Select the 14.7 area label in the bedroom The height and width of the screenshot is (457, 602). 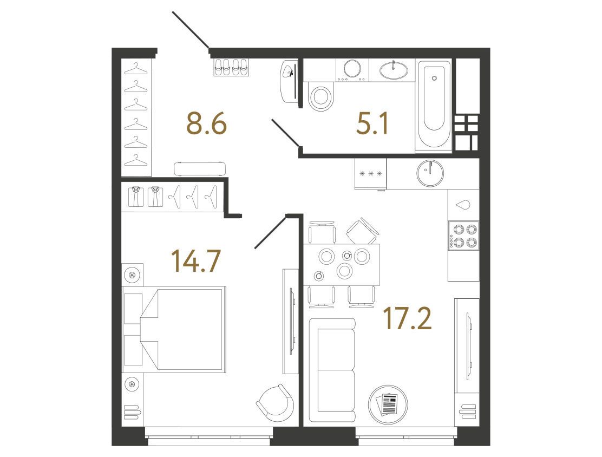pyautogui.click(x=196, y=260)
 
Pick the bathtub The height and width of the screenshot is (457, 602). pyautogui.click(x=434, y=106)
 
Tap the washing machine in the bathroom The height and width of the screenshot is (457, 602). pyautogui.click(x=352, y=69)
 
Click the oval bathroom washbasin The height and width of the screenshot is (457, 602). pyautogui.click(x=394, y=70)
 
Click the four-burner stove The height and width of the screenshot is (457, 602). pyautogui.click(x=463, y=236)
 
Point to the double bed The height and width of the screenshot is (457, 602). pyautogui.click(x=174, y=329)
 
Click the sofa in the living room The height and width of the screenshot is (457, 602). pyautogui.click(x=332, y=370)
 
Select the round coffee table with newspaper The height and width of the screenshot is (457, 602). pyautogui.click(x=388, y=404)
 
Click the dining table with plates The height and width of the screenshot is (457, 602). pyautogui.click(x=342, y=265)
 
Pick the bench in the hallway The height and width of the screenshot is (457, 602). pyautogui.click(x=199, y=169)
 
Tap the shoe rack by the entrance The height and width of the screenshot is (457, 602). pyautogui.click(x=231, y=67)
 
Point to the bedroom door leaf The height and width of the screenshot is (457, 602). pyautogui.click(x=271, y=232)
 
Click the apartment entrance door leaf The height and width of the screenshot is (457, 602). pyautogui.click(x=191, y=30)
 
